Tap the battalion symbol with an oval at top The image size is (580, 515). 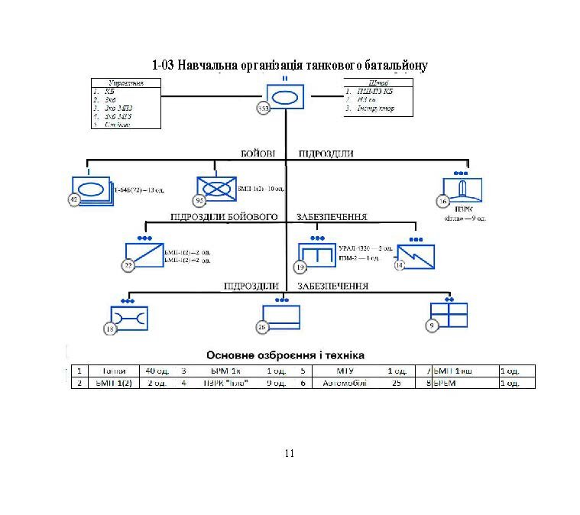pos(285,97)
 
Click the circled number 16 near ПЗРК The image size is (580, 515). pos(442,201)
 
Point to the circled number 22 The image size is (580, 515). pos(128,265)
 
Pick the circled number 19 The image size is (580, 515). pos(300,267)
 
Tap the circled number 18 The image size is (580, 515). pos(111,328)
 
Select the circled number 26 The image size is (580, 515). pos(262,327)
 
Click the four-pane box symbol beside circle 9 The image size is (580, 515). pos(449,314)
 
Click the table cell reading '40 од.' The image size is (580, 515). pos(157,371)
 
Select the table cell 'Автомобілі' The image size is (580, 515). pos(344,384)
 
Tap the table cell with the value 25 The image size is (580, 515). pos(397,384)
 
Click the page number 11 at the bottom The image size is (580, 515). pos(289,454)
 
